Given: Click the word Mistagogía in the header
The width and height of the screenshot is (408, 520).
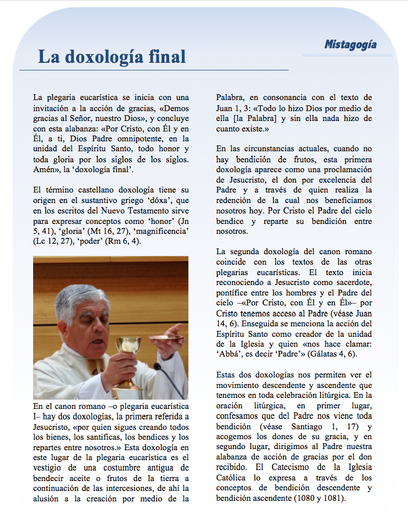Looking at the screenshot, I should coord(350,44).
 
